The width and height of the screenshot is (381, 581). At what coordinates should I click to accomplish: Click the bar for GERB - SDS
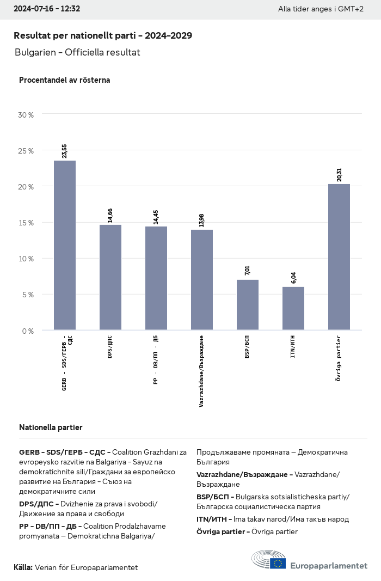point(65,245)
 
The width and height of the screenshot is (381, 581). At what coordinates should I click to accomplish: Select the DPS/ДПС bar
point(110,277)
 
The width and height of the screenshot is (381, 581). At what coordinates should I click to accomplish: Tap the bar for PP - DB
point(156,278)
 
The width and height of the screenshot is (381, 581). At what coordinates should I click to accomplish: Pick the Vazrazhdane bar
point(202,280)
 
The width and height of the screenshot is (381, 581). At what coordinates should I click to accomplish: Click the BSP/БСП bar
point(248,305)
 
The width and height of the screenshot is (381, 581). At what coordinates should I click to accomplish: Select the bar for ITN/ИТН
point(293,308)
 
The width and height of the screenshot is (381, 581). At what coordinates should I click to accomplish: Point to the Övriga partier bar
point(339,257)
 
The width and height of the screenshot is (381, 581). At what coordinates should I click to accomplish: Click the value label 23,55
point(65,151)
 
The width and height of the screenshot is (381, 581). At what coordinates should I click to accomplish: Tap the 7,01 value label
point(248,271)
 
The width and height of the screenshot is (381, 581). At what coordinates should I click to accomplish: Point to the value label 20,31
point(339,174)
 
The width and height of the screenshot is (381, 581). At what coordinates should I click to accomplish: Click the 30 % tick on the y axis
point(26,115)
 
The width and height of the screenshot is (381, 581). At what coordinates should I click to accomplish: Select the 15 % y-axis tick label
point(26,223)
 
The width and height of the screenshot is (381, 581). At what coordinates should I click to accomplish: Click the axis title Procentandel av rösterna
point(64,80)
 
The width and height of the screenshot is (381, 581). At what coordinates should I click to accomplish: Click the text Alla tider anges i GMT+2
point(321,9)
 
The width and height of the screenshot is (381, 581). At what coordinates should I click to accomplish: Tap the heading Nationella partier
point(51,427)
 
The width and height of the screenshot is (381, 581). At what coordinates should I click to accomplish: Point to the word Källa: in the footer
point(23,567)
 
